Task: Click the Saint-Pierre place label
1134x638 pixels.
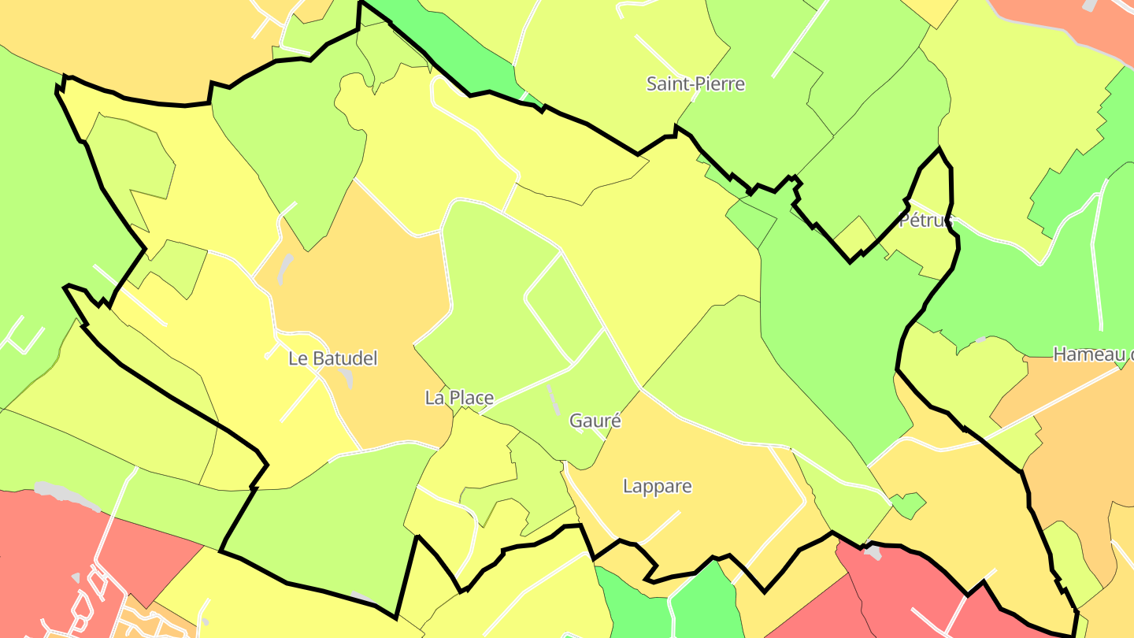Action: coord(695,83)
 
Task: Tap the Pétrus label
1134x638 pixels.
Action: coord(926,220)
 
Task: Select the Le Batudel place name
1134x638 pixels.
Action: coord(333,358)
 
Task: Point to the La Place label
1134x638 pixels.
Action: coord(459,398)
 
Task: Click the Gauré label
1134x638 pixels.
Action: coord(595,421)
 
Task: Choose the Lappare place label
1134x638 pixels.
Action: coord(658,486)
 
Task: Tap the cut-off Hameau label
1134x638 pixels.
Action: coord(1093,354)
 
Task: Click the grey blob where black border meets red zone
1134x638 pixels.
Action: coord(872,552)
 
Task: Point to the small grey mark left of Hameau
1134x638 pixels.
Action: coord(980,339)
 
